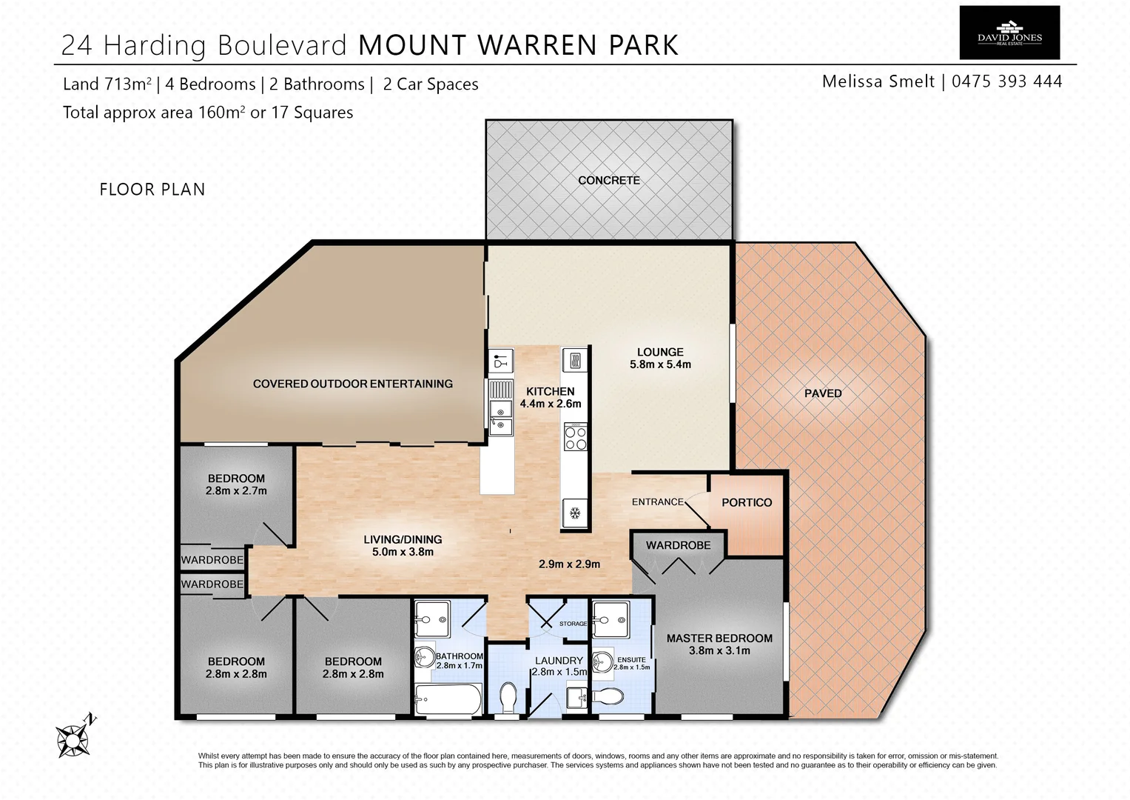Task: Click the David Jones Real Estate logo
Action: point(1009,33)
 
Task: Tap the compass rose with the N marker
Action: point(74,738)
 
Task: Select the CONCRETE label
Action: point(608,180)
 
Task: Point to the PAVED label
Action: point(823,393)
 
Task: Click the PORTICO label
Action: point(746,502)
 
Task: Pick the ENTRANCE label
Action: point(657,502)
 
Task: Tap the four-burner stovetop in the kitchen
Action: point(575,437)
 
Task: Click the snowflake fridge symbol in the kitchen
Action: point(574,513)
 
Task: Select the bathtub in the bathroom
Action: point(448,698)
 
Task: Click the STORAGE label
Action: point(573,624)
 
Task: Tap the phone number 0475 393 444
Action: point(1006,81)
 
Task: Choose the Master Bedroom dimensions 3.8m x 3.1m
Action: point(719,651)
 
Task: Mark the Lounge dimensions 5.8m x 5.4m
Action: point(660,364)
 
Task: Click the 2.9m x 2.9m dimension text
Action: point(569,564)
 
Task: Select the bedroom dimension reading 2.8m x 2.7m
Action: point(236,490)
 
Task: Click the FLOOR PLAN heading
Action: point(152,190)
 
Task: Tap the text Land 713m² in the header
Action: point(107,84)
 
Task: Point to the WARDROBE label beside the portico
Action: point(678,545)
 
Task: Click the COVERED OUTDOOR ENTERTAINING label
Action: point(352,384)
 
